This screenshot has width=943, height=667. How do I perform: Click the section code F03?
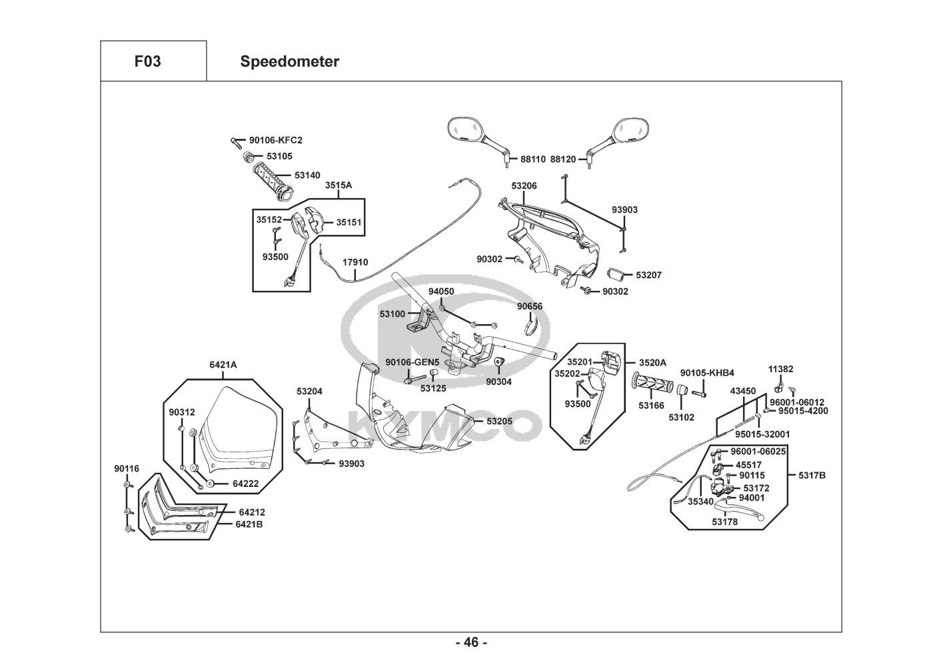147,62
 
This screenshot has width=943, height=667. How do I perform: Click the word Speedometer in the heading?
289,62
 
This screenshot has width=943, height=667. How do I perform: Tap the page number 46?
471,642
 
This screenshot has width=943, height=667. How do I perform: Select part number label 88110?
533,159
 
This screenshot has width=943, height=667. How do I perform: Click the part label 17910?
355,263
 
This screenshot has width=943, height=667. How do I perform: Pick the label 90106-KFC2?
275,140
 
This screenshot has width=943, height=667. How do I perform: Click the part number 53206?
524,185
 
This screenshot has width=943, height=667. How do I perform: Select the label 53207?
648,275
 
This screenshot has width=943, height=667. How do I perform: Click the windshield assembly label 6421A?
223,365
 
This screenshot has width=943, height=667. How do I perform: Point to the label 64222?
245,483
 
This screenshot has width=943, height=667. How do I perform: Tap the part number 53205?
499,421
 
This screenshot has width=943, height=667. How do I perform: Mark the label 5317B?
812,475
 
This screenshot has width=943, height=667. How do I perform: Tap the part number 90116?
127,469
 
